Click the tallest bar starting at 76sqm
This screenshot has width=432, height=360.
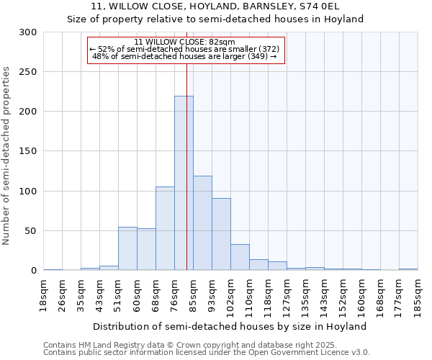[184, 183]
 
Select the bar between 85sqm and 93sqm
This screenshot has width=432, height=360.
[202, 222]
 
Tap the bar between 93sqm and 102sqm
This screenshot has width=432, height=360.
[221, 234]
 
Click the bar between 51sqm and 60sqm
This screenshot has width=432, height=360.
[127, 248]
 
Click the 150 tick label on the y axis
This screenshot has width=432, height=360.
[28, 151]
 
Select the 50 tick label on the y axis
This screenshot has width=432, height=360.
[31, 231]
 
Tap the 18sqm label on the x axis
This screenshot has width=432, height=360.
[44, 295]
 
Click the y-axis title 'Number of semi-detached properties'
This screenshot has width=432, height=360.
[6, 156]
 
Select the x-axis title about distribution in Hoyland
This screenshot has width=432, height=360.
[230, 326]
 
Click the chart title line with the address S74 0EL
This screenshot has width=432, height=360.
[215, 6]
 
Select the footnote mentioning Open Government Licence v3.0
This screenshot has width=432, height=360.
[206, 353]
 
